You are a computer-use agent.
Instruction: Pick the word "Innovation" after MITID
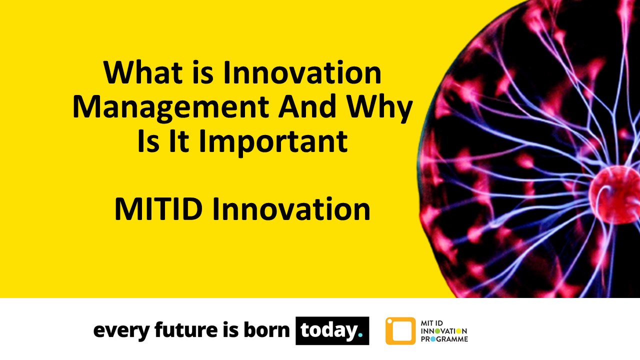290,208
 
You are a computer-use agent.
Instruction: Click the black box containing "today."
332,330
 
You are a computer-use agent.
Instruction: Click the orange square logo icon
400,330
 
